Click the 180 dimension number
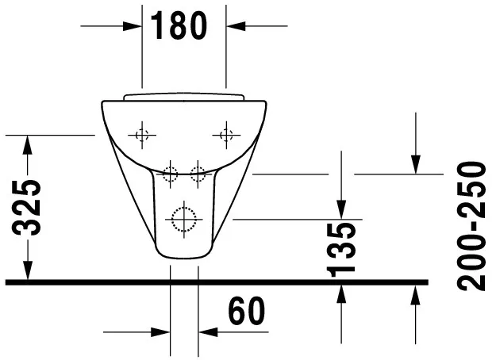click(x=179, y=25)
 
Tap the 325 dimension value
click(x=29, y=207)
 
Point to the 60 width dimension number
click(x=246, y=311)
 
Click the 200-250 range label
click(x=474, y=226)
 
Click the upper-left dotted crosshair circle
click(x=142, y=135)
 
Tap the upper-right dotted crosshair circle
click(x=226, y=135)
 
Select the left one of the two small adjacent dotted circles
click(x=170, y=172)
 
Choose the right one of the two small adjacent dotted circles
click(x=198, y=172)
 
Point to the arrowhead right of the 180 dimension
click(x=235, y=25)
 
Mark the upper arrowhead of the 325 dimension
click(x=28, y=144)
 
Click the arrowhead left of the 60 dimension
click(x=162, y=332)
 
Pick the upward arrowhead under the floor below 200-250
click(x=416, y=296)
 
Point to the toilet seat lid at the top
click(x=184, y=98)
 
